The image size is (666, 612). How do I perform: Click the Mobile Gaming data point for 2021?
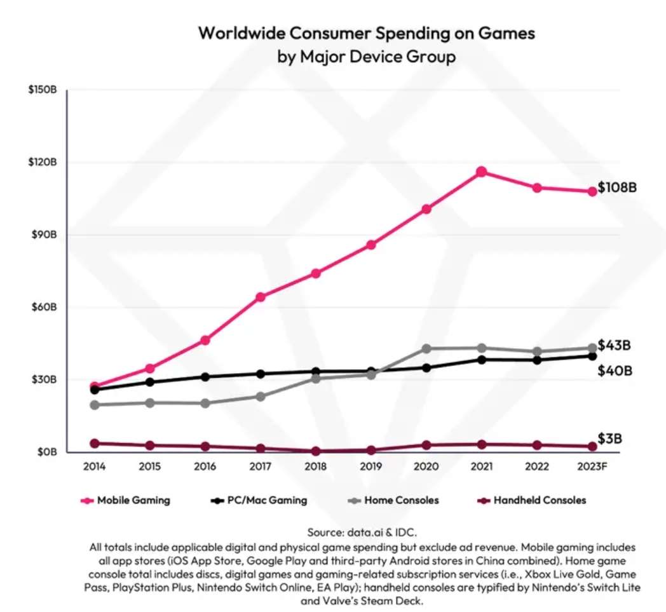click(481, 172)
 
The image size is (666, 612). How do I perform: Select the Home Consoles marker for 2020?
click(426, 349)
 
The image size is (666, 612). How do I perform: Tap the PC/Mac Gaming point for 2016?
click(205, 377)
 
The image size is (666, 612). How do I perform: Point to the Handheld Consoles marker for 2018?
click(315, 451)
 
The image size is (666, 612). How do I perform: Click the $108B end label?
click(617, 189)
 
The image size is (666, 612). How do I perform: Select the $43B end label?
click(614, 346)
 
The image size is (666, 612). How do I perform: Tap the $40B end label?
click(615, 371)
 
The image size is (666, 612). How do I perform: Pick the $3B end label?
click(610, 439)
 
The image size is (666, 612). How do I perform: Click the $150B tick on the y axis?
click(43, 90)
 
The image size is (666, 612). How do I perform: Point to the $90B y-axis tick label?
click(43, 235)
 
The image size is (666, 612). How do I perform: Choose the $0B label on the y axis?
click(45, 452)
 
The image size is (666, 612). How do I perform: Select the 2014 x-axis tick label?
click(94, 467)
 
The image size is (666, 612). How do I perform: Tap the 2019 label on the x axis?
click(370, 467)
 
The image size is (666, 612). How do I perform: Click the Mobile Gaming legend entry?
click(126, 500)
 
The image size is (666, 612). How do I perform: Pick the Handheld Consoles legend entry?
click(531, 500)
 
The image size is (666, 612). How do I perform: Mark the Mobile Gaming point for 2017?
click(260, 297)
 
